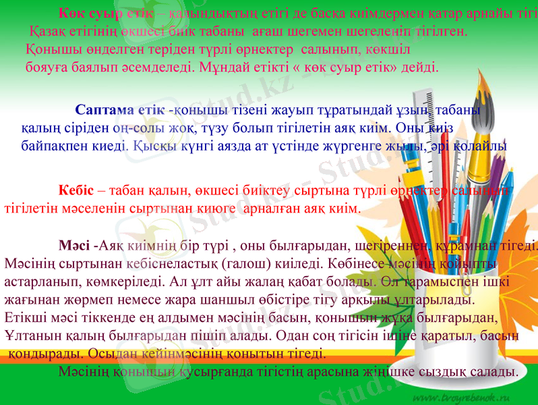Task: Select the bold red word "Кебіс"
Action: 76,191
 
